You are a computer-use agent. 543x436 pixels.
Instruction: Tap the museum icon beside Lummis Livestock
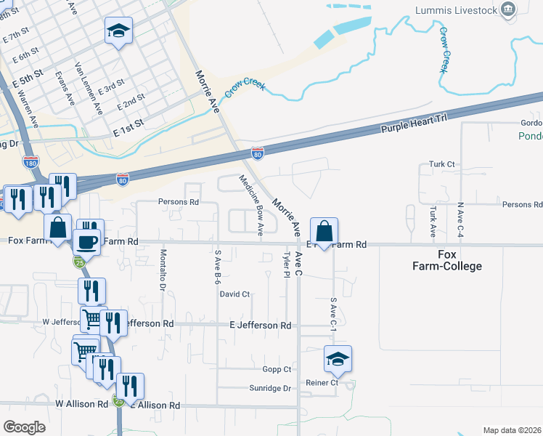(508, 9)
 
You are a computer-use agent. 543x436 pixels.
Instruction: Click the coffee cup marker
(87, 241)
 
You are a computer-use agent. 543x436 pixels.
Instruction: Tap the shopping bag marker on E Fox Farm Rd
(326, 231)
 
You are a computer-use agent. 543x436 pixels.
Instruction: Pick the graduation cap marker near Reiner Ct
(338, 359)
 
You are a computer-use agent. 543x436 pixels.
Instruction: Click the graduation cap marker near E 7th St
(118, 31)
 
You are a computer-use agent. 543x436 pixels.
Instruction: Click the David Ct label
(234, 294)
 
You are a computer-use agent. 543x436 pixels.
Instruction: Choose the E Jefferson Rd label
(260, 325)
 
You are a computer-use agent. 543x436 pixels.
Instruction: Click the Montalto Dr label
(163, 270)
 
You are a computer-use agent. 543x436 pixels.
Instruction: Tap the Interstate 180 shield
(30, 162)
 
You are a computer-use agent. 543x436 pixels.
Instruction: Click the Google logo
(24, 427)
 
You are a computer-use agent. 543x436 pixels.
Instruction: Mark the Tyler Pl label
(287, 265)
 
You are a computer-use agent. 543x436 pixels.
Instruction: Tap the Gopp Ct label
(277, 369)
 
